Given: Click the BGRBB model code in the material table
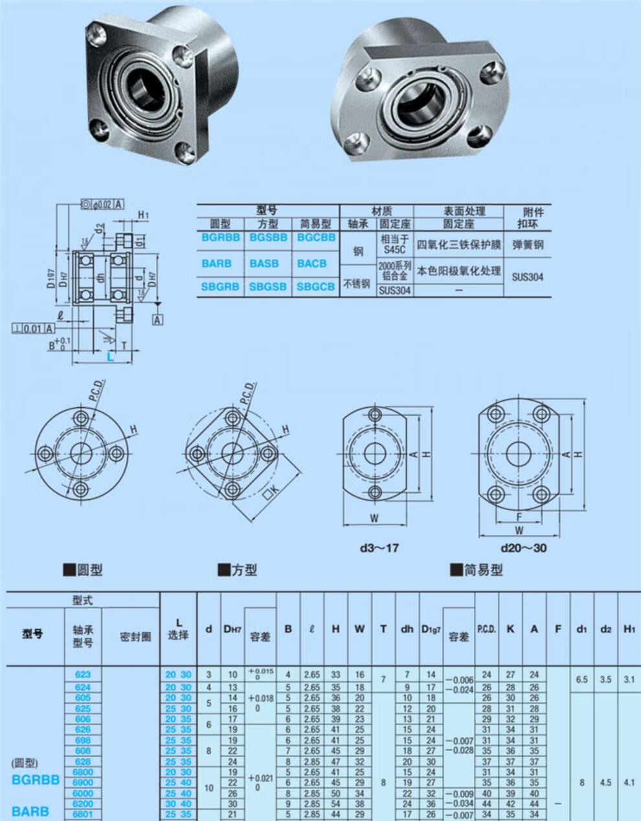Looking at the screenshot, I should tap(220, 238).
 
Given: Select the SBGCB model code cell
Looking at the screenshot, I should tap(316, 286).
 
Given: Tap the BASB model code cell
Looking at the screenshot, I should tap(268, 264).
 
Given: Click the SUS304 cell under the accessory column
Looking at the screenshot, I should tap(528, 276).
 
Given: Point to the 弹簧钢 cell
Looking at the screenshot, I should tap(528, 245).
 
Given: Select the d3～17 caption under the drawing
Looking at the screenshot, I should tap(379, 548).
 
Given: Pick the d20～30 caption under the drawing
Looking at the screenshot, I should tap(523, 548).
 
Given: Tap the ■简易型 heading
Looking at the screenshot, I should tap(476, 570).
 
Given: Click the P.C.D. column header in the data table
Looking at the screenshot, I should tap(486, 629).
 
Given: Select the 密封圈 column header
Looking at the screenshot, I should tap(135, 637).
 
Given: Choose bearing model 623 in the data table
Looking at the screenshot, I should tap(83, 675).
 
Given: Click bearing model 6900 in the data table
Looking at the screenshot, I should tap(83, 783).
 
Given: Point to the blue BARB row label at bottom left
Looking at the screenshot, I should tap(30, 811).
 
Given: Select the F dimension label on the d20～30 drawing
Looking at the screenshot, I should tap(519, 517).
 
